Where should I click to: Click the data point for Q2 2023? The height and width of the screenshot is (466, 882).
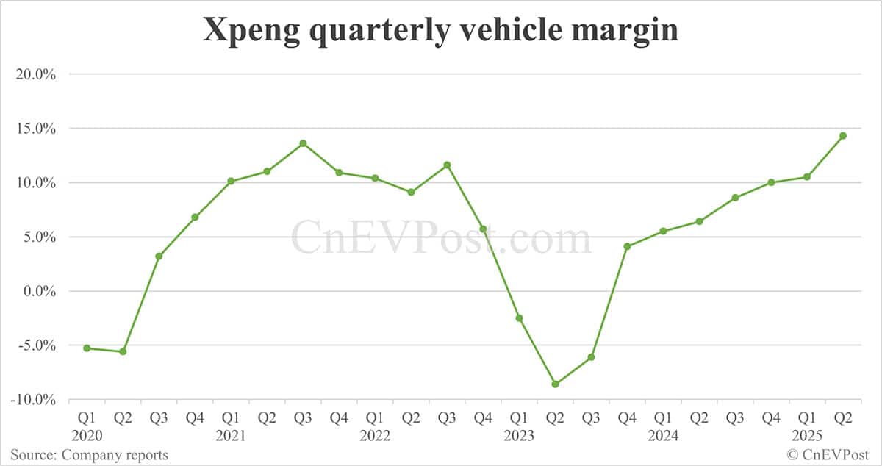pyautogui.click(x=555, y=384)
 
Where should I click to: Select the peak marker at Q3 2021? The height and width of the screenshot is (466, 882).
pyautogui.click(x=303, y=143)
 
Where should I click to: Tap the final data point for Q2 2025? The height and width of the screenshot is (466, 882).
pyautogui.click(x=843, y=135)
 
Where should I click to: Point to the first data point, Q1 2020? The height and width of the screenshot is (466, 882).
pyautogui.click(x=87, y=348)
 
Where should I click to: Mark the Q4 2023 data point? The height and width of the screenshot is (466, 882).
pyautogui.click(x=627, y=246)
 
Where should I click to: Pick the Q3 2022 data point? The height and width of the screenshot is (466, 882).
pyautogui.click(x=447, y=165)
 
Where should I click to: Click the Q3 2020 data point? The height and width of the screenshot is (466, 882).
pyautogui.click(x=159, y=256)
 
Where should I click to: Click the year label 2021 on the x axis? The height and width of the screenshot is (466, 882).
pyautogui.click(x=231, y=435)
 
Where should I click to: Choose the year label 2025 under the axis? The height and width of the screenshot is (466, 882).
pyautogui.click(x=807, y=435)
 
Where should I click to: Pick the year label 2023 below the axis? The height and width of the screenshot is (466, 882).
pyautogui.click(x=519, y=435)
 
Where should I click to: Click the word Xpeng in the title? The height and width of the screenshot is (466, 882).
pyautogui.click(x=246, y=31)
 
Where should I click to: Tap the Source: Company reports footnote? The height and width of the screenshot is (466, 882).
pyautogui.click(x=89, y=455)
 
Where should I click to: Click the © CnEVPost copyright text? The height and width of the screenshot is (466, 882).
pyautogui.click(x=828, y=455)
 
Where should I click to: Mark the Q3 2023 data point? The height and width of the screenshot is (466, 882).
pyautogui.click(x=591, y=357)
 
